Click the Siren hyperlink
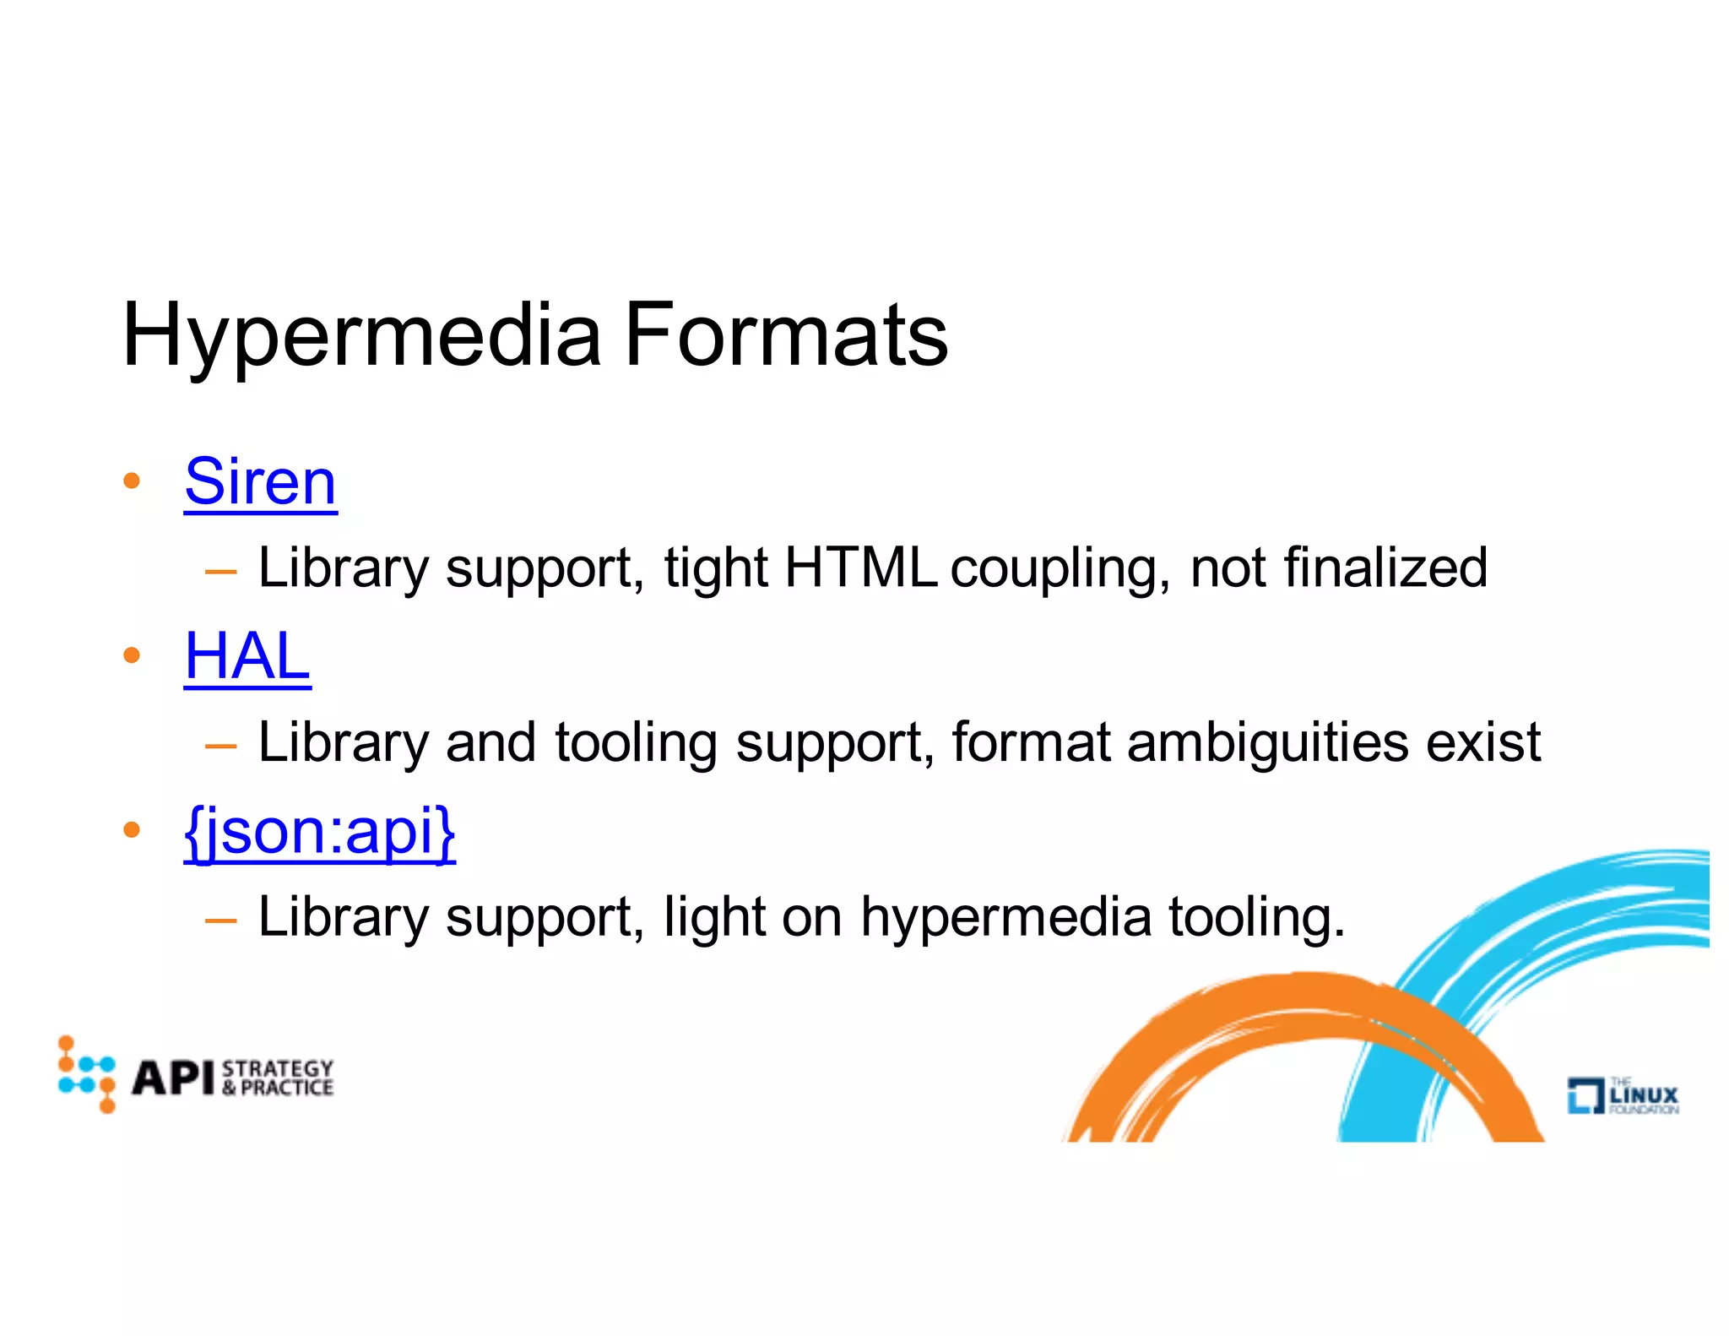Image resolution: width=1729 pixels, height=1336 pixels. pos(260,482)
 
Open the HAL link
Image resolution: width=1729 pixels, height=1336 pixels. pos(247,657)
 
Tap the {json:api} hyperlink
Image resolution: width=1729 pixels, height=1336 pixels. pos(320,832)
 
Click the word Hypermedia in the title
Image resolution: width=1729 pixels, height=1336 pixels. pos(361,336)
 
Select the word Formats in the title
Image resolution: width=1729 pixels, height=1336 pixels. pos(786,336)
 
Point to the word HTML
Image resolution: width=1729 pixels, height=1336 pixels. pos(860,568)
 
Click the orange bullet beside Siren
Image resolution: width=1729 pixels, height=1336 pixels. pos(131,482)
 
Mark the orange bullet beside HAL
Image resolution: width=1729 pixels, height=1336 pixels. pos(131,656)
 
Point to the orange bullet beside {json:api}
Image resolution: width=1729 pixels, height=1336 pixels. pos(131,831)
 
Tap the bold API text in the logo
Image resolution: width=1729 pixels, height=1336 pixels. pos(174,1078)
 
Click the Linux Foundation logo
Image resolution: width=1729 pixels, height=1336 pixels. pos(1623,1095)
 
